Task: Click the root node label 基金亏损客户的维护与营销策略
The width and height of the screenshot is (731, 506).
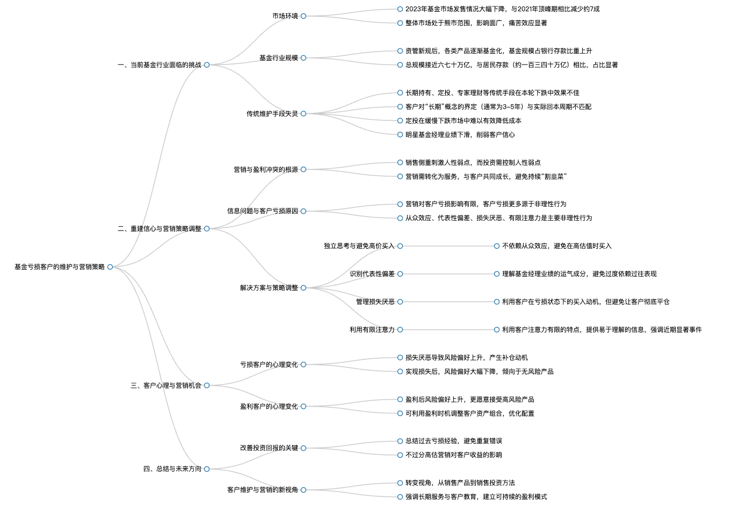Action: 60,267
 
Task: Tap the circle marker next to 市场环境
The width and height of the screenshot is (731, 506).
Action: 303,16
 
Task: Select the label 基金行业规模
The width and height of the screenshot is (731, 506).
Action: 279,58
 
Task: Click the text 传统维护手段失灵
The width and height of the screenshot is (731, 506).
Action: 272,113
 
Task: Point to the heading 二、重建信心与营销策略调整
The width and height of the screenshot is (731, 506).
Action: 160,228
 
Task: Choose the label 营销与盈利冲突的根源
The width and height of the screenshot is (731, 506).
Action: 266,169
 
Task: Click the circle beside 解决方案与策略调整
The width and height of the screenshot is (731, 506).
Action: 303,287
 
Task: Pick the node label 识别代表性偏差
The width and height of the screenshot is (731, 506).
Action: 372,274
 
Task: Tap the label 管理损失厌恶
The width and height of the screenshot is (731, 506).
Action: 375,302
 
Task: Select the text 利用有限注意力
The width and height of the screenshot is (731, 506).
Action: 372,330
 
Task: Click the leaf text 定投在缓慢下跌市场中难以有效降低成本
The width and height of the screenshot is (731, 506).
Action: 464,121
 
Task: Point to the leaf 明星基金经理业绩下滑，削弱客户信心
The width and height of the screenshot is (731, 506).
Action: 460,134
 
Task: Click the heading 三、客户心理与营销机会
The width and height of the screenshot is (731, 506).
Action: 166,386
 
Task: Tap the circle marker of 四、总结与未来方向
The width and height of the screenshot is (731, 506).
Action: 207,469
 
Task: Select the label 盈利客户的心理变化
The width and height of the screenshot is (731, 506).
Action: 269,407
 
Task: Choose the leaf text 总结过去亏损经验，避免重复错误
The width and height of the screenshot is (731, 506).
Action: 454,441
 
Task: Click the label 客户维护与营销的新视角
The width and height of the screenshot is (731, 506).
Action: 263,490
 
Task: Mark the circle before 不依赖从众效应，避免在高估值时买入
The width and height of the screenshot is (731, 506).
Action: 497,246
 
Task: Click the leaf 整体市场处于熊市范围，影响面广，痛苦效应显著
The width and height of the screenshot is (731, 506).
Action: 476,23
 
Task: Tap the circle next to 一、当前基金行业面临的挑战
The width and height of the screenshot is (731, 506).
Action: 207,65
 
